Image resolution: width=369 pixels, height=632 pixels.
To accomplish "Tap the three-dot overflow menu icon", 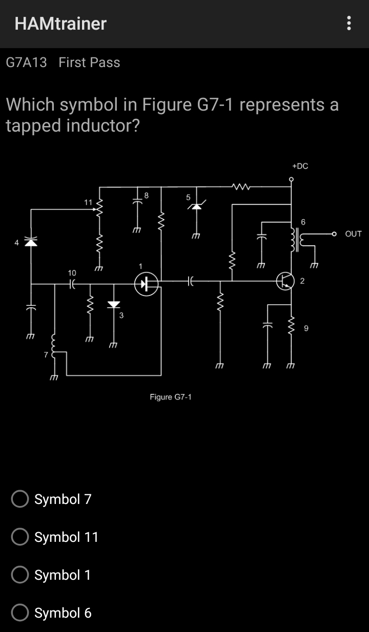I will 349,23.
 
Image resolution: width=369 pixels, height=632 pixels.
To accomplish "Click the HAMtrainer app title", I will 60,24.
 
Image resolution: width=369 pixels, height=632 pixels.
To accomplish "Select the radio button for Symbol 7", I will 20,499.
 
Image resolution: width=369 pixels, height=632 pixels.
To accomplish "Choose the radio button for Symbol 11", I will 20,537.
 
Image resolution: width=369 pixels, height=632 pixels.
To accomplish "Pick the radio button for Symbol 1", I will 20,575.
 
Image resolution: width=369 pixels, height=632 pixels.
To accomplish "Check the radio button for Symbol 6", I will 20,613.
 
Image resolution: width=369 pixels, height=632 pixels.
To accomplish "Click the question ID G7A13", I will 26,62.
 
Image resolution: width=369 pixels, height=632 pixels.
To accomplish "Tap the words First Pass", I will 89,62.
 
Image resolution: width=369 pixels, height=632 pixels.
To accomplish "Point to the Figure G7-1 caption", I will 171,397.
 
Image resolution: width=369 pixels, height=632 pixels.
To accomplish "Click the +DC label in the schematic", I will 300,166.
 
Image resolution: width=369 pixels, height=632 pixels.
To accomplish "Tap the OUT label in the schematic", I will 354,234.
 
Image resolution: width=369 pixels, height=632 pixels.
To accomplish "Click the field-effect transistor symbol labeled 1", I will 146,284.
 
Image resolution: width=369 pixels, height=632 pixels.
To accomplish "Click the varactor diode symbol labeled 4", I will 31,242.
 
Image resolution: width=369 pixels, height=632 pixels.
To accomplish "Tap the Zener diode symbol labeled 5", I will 195,206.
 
